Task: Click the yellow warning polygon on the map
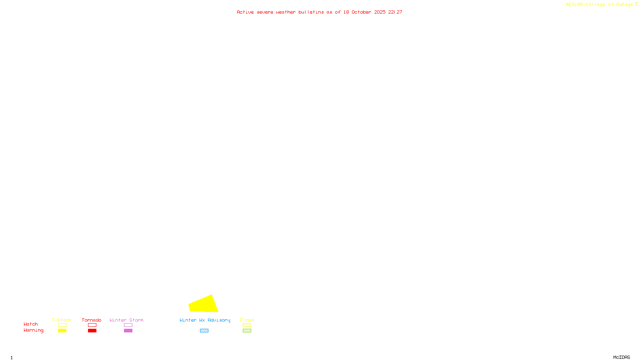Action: coord(204,305)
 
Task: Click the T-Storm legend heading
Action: coord(62,320)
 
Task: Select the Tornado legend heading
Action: coord(92,320)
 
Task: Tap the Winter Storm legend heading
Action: coord(126,320)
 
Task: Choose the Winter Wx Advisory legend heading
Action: coord(205,320)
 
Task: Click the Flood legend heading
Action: coord(247,320)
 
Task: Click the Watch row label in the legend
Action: coord(31,324)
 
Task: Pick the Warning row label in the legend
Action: coord(34,330)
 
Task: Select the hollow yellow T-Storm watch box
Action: coord(62,325)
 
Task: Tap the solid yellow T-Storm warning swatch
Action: coord(62,331)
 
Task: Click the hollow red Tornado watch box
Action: coord(92,325)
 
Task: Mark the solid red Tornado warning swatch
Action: coord(92,331)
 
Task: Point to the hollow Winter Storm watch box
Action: coord(128,325)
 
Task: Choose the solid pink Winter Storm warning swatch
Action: coord(128,331)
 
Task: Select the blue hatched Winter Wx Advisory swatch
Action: coord(204,331)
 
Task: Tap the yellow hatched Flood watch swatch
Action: coord(247,325)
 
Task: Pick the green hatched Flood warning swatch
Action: coord(247,331)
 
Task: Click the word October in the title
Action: coord(361,12)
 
